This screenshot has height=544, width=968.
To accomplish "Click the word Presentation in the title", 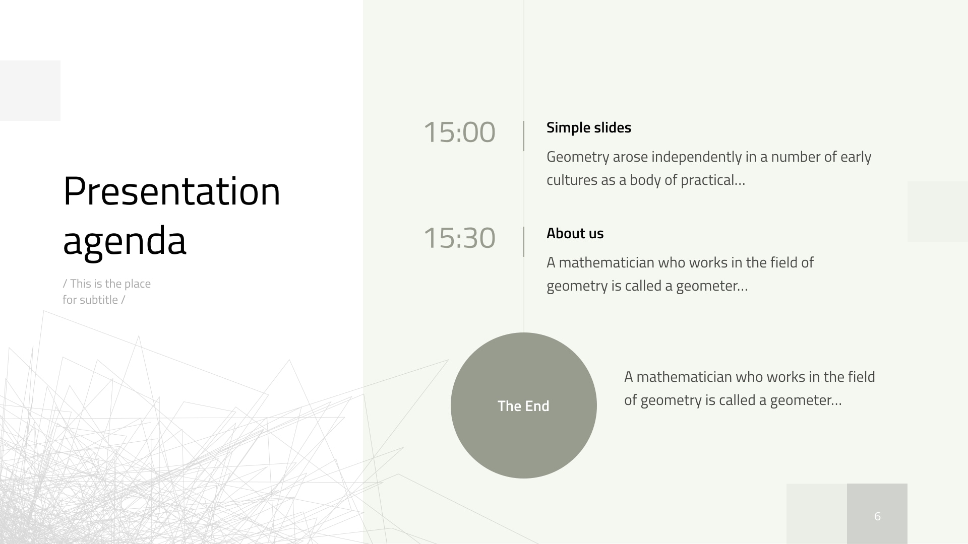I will point(171,192).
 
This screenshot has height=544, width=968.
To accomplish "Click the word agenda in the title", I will point(125,241).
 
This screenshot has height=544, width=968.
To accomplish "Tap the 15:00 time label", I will point(459,132).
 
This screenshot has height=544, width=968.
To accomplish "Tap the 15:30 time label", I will point(459,238).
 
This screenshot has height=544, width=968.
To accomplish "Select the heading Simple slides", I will point(588,127).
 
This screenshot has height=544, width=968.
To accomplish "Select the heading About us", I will point(575,233).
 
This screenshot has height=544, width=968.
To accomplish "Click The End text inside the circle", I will point(523,406).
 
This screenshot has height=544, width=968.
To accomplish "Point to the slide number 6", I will point(877,516).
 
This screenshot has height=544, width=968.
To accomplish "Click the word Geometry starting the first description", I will point(577,157).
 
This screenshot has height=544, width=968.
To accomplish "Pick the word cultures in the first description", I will point(572,180).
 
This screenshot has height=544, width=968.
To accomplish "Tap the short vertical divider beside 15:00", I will point(524,136).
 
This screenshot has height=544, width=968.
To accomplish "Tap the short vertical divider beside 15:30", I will point(524,242).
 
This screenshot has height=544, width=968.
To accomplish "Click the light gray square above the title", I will point(30,91).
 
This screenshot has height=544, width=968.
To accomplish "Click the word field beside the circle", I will point(861,377).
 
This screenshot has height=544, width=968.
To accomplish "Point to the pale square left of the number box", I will point(817,514).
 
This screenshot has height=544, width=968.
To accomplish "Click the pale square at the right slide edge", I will point(938,212).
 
